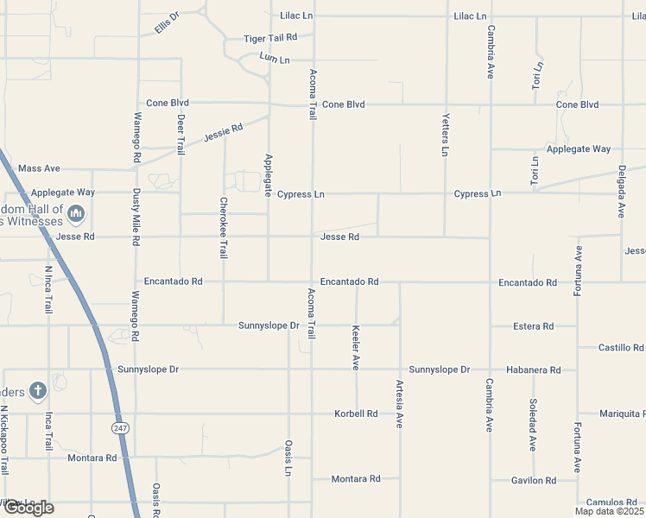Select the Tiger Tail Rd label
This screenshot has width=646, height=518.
tap(269, 38)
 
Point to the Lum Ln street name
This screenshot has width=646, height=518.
tap(274, 59)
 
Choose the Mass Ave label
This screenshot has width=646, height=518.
tap(39, 168)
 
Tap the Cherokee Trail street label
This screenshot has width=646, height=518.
tap(224, 228)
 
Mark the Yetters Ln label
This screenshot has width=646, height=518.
tap(446, 135)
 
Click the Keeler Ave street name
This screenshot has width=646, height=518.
tap(356, 347)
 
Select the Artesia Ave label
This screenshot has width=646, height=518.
tap(400, 404)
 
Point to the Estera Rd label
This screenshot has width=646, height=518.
tap(533, 326)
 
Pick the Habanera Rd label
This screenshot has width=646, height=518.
tap(533, 370)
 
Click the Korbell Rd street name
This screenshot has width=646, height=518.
tap(356, 414)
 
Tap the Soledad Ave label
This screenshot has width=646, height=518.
tap(533, 425)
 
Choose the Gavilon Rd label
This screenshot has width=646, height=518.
tap(533, 480)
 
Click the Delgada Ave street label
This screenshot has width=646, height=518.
tap(621, 192)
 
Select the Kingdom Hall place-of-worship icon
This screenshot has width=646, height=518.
tap(76, 212)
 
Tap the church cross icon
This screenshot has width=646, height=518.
tap(38, 391)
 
